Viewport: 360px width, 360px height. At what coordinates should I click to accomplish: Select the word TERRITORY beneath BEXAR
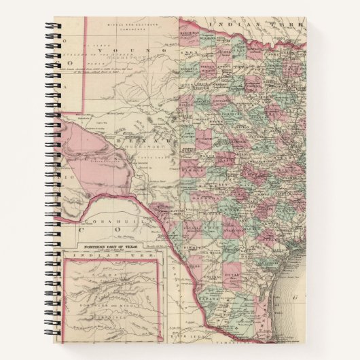[136, 145]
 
